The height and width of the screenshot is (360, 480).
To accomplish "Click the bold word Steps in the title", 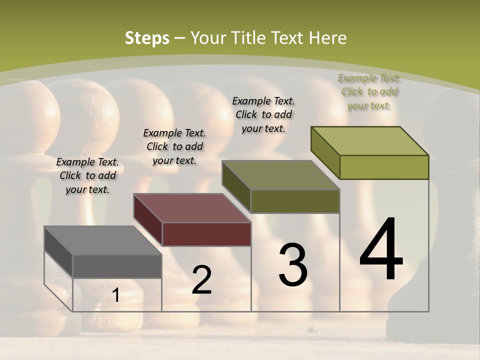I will tap(147, 38).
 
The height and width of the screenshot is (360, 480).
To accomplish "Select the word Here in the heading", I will tap(327, 38).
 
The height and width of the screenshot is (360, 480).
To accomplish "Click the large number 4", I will tap(381, 250).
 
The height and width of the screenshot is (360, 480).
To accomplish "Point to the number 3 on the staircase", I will tap(293, 265).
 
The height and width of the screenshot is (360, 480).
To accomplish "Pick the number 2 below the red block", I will tap(201, 280).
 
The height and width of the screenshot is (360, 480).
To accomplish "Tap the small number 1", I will tap(115, 295).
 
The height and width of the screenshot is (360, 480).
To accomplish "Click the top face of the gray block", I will tap(102, 240).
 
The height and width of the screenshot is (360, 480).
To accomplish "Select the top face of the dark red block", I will tap(191, 208).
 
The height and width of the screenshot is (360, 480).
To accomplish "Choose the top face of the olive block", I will tap(280, 175).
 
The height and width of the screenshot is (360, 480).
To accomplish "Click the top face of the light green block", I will tap(369, 141).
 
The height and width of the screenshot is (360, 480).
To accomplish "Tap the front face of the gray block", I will tap(117, 266).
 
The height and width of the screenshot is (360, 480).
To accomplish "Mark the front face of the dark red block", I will tap(206, 234).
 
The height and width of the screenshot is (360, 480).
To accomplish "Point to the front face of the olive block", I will tap(295, 201).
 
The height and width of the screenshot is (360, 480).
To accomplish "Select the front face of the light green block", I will tap(384, 167).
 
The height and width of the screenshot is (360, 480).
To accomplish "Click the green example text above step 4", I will tap(369, 91).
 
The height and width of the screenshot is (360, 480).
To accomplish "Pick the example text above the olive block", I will tap(263, 114).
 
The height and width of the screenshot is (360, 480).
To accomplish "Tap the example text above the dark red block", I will tap(174, 146).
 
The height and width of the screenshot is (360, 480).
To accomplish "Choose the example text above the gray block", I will tap(87, 175).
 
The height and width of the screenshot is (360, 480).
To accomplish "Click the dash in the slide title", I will tap(179, 38).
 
